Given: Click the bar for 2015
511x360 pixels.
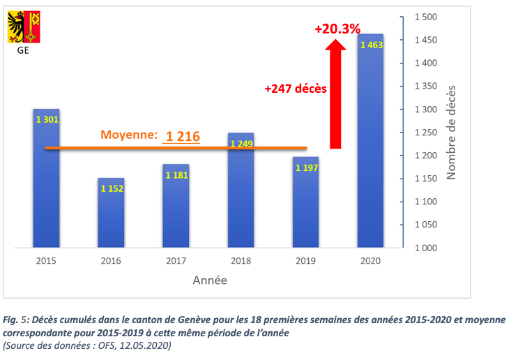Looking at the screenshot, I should (x=46, y=178).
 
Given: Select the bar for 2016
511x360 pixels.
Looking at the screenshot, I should (x=112, y=213).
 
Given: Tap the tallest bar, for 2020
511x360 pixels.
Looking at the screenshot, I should (x=371, y=140).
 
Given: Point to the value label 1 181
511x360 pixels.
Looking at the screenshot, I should (x=176, y=175).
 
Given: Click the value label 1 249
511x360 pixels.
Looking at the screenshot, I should (x=241, y=144).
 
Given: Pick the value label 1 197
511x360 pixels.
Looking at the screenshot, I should (x=307, y=168).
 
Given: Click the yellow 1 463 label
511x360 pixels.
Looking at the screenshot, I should (x=371, y=45).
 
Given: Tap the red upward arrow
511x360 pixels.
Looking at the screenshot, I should (x=336, y=94).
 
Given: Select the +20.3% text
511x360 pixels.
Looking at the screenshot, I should (x=337, y=29).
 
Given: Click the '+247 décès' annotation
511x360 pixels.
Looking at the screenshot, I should (x=296, y=89).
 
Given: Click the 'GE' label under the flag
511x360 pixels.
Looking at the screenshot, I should (x=23, y=50).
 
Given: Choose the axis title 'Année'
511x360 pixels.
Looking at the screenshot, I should (x=209, y=280).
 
